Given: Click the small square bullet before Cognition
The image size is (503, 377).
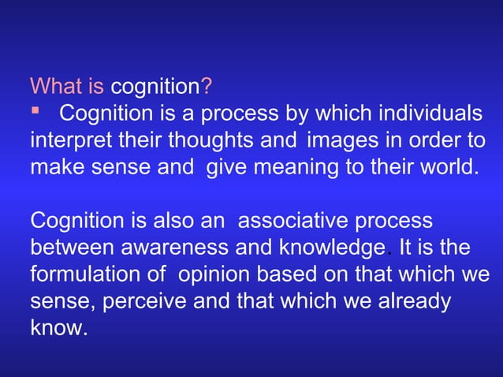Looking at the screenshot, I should pyautogui.click(x=35, y=111).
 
